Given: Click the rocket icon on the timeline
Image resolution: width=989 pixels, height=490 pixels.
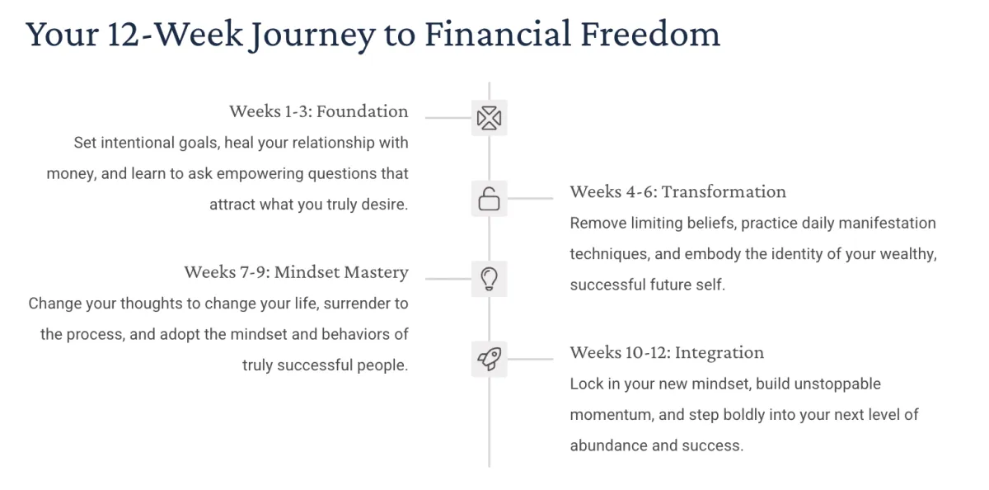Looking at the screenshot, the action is click(490, 359).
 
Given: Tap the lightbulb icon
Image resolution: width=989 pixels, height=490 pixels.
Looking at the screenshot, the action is click(490, 279).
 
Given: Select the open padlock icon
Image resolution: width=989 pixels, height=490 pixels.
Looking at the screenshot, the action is click(490, 198).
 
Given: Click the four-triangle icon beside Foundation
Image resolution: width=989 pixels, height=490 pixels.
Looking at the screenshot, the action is click(490, 118).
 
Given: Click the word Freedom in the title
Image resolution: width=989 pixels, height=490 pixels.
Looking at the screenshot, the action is click(650, 34).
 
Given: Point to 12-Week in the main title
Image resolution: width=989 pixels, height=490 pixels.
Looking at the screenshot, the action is click(175, 34).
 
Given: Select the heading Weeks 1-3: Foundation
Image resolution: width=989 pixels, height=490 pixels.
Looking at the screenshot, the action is click(319, 111).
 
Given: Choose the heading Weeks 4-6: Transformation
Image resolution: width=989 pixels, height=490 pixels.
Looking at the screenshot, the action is click(677, 191).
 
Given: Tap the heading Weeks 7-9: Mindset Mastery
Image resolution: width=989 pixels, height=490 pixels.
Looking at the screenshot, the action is click(296, 272).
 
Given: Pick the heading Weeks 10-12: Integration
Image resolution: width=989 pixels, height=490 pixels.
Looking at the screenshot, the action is click(667, 352).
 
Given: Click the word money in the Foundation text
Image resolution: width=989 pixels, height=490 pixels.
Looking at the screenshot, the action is click(72, 173).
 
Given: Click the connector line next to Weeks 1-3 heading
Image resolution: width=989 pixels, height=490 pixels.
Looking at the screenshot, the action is click(448, 118).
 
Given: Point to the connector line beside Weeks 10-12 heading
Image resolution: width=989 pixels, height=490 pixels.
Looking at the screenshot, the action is click(530, 359).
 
